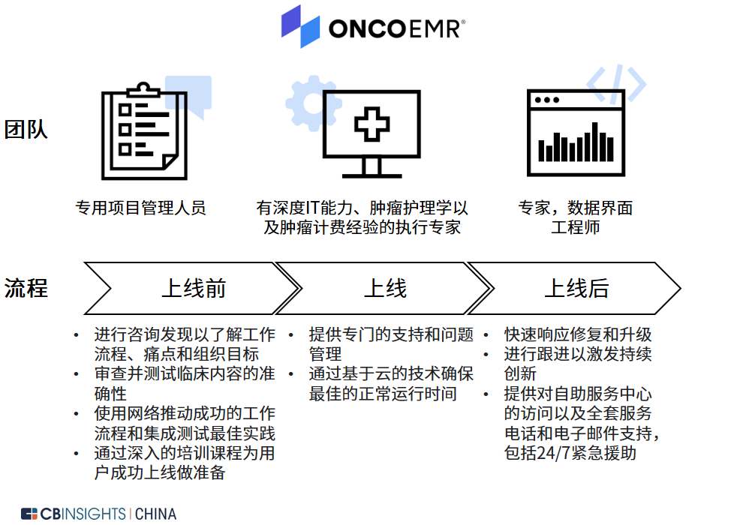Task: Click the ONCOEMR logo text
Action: click(x=397, y=28)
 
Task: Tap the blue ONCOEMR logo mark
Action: click(x=300, y=27)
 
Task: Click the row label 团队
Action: click(x=26, y=129)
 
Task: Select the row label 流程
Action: click(x=26, y=288)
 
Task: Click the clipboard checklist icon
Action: click(x=144, y=132)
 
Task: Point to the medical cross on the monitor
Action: click(x=372, y=124)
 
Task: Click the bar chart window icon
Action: click(x=576, y=133)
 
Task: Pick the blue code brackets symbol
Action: click(x=616, y=84)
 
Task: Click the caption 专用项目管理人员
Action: click(x=140, y=208)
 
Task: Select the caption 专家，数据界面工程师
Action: click(x=575, y=217)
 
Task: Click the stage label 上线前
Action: click(x=194, y=288)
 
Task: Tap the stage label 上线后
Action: click(x=576, y=288)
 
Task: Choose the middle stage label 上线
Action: click(x=385, y=288)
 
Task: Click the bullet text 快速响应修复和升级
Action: click(x=578, y=334)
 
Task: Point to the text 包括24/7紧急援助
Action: click(x=570, y=453)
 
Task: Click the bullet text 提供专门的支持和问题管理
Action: click(x=391, y=344)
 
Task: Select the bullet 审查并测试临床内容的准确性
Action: click(x=185, y=383)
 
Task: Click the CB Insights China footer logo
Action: click(x=99, y=514)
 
